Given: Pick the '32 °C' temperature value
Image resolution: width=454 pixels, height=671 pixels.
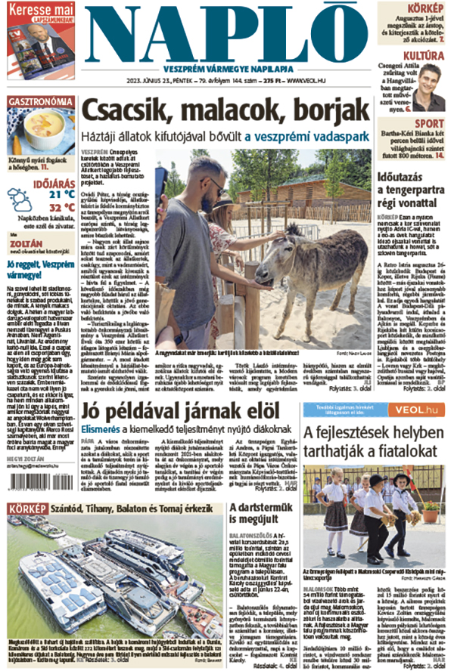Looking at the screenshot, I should point(60,207).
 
